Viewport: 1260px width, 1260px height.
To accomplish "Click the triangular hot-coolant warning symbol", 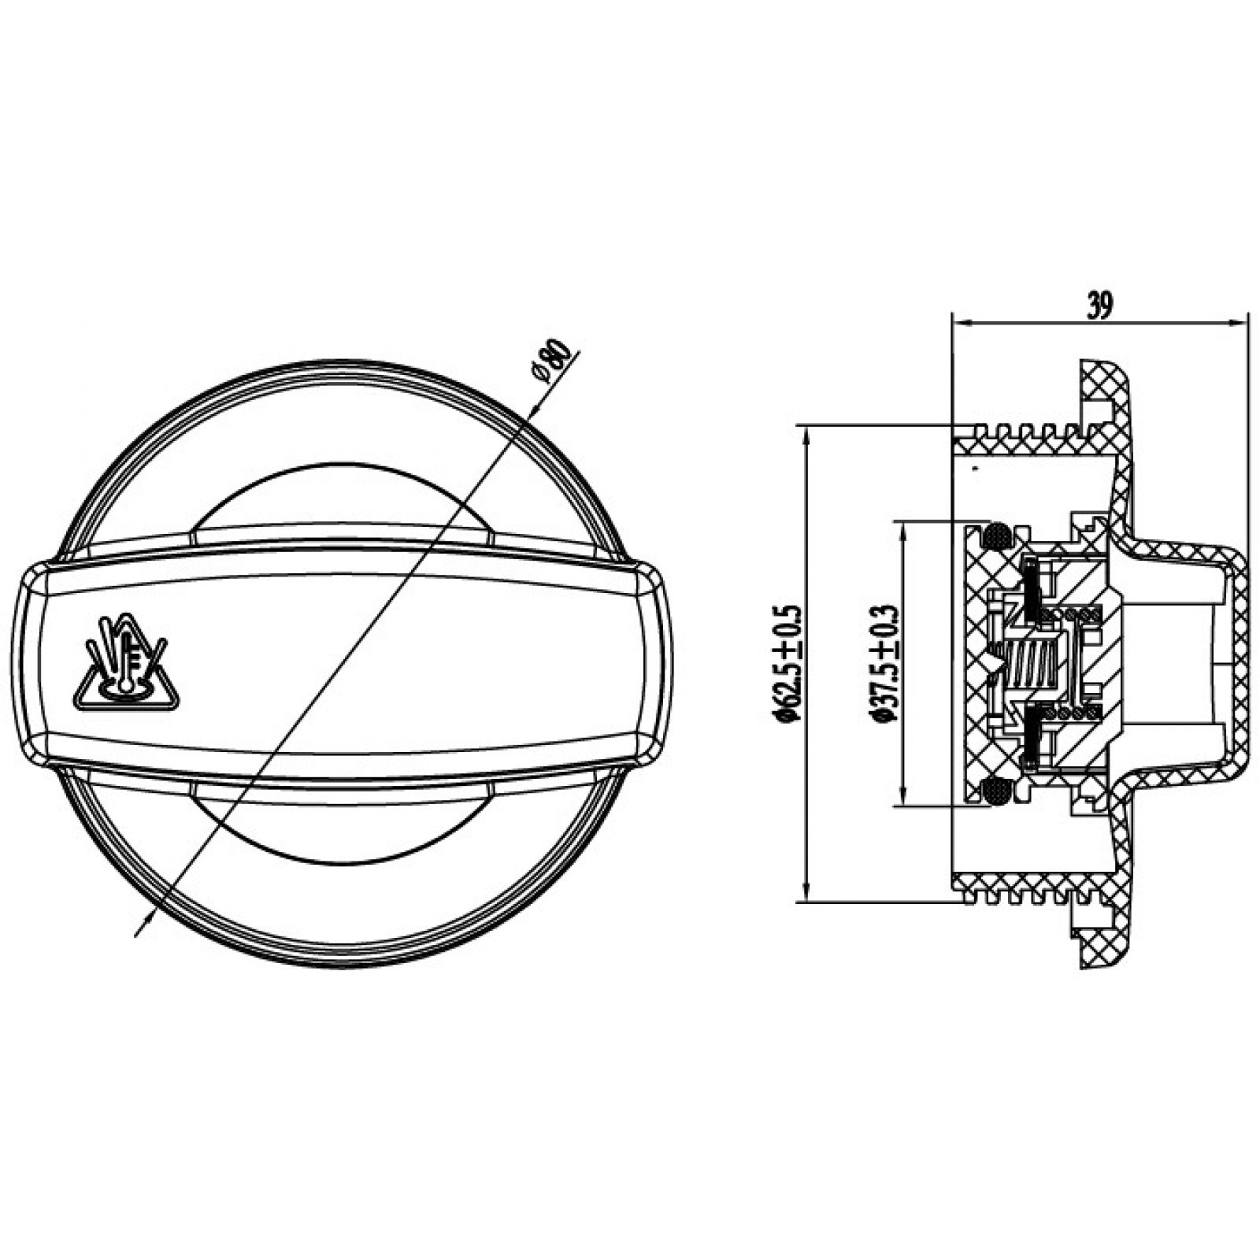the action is point(127,663).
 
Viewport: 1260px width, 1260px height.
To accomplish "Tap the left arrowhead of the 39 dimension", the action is point(962,321).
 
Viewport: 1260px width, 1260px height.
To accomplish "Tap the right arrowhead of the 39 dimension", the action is point(1240,321).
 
